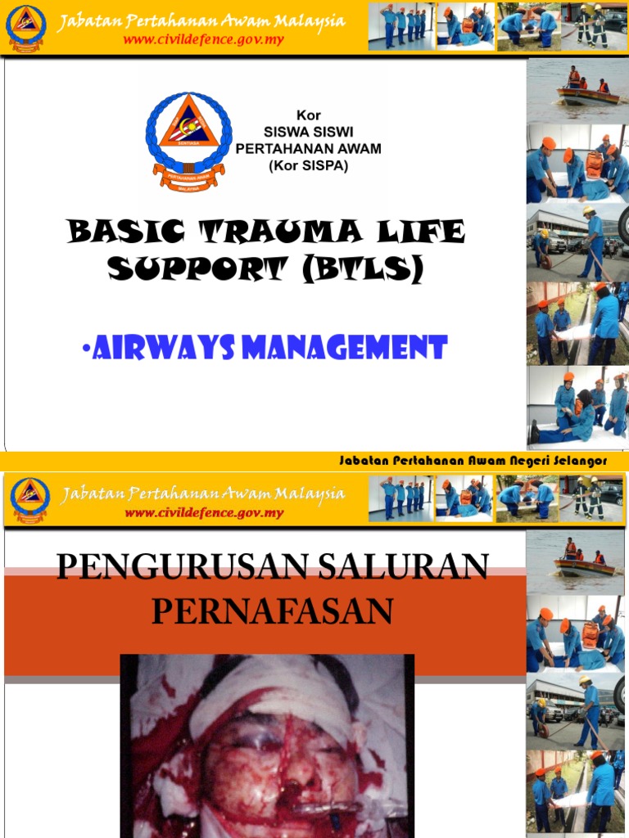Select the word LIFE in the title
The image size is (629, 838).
pyautogui.click(x=421, y=233)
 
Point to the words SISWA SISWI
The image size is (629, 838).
pyautogui.click(x=308, y=132)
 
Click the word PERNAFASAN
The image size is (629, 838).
pyautogui.click(x=272, y=611)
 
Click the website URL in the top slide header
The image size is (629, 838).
pyautogui.click(x=204, y=39)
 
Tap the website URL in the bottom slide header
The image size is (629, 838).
pyautogui.click(x=204, y=513)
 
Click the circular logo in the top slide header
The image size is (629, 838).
pyautogui.click(x=26, y=27)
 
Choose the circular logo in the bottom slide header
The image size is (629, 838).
pyautogui.click(x=30, y=500)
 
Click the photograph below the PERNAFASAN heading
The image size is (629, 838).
pyautogui.click(x=267, y=746)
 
